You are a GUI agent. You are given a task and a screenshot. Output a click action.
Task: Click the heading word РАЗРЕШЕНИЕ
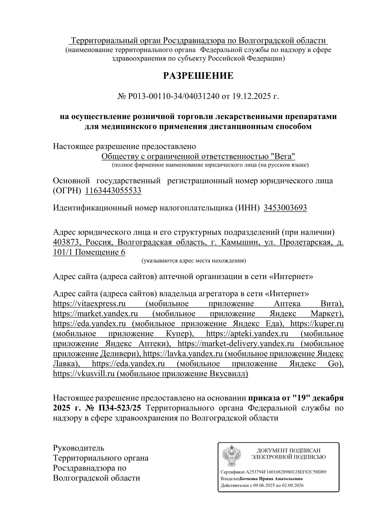[198, 76]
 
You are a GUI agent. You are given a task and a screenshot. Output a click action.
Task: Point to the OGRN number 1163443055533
[113, 190]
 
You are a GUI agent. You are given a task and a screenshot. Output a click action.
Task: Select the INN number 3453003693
[285, 208]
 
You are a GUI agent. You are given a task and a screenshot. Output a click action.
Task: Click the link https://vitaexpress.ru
[92, 303]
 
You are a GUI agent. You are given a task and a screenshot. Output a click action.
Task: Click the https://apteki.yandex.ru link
[247, 333]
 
